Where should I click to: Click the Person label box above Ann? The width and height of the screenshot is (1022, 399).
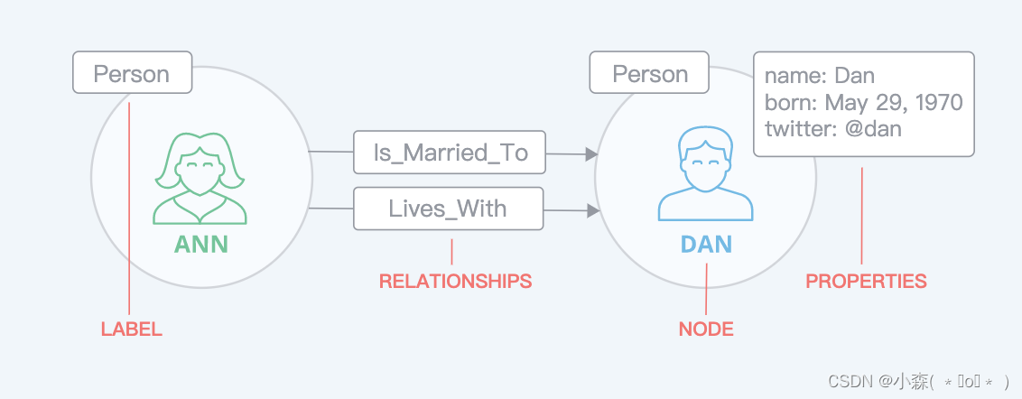click(x=133, y=72)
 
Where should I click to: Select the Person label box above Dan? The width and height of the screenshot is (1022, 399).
click(x=649, y=72)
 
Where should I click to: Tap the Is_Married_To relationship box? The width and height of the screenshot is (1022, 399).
click(x=450, y=153)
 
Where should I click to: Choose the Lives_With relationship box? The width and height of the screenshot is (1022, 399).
click(x=449, y=209)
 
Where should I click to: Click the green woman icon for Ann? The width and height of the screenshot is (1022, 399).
click(x=200, y=180)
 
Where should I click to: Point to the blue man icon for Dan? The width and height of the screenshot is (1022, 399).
click(x=705, y=173)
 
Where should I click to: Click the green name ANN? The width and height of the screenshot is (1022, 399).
click(x=200, y=245)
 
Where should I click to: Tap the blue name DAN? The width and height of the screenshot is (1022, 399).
click(x=706, y=245)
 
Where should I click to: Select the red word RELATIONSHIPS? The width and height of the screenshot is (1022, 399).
click(x=456, y=281)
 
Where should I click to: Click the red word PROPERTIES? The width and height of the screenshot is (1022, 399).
click(x=866, y=281)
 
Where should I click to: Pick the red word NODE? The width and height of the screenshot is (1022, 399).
click(x=706, y=329)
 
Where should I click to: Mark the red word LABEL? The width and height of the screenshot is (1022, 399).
click(x=131, y=329)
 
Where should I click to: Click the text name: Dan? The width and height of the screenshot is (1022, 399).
click(x=819, y=76)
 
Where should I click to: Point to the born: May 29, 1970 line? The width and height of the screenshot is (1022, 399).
click(x=864, y=102)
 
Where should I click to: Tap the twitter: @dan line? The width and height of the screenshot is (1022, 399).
click(x=833, y=128)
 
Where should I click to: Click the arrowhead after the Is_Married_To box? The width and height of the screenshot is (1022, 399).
click(x=592, y=154)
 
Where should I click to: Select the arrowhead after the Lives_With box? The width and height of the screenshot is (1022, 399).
click(x=593, y=210)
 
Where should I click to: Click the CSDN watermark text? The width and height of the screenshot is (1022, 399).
click(x=917, y=381)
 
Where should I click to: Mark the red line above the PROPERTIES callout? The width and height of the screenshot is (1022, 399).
click(x=861, y=216)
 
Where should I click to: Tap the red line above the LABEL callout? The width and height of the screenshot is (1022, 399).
click(x=129, y=209)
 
